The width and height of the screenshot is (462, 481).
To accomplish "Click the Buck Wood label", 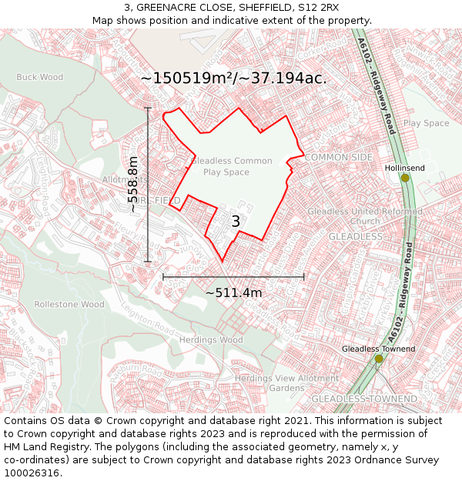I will pos(40,77).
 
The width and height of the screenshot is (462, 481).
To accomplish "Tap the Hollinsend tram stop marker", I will pos(405,178).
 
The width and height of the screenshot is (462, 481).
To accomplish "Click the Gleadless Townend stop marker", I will pos(379,359).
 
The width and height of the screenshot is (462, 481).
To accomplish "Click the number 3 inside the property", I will pos(236,222).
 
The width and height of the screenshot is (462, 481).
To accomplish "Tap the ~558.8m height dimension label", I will pos(133,185).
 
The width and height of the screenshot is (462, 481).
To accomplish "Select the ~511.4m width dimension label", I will pos(233,292).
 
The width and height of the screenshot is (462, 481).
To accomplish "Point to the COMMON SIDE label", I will pos(339,157).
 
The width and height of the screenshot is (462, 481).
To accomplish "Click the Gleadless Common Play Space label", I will pos(231,166).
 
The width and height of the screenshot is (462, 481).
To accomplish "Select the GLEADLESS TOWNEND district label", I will pos(364,399).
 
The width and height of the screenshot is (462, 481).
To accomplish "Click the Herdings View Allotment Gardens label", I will pos(287,383).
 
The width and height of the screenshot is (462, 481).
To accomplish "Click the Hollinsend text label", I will pos(404,167).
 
